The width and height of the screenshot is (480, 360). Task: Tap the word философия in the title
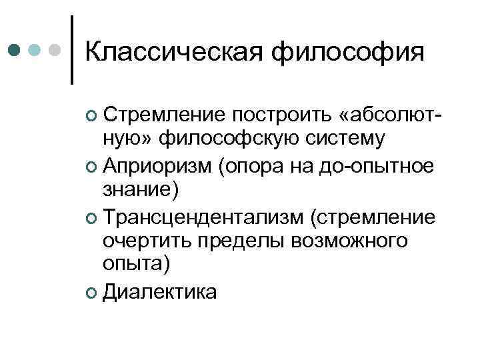tap(351, 51)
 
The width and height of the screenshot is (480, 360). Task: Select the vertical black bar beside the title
tap(72, 49)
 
